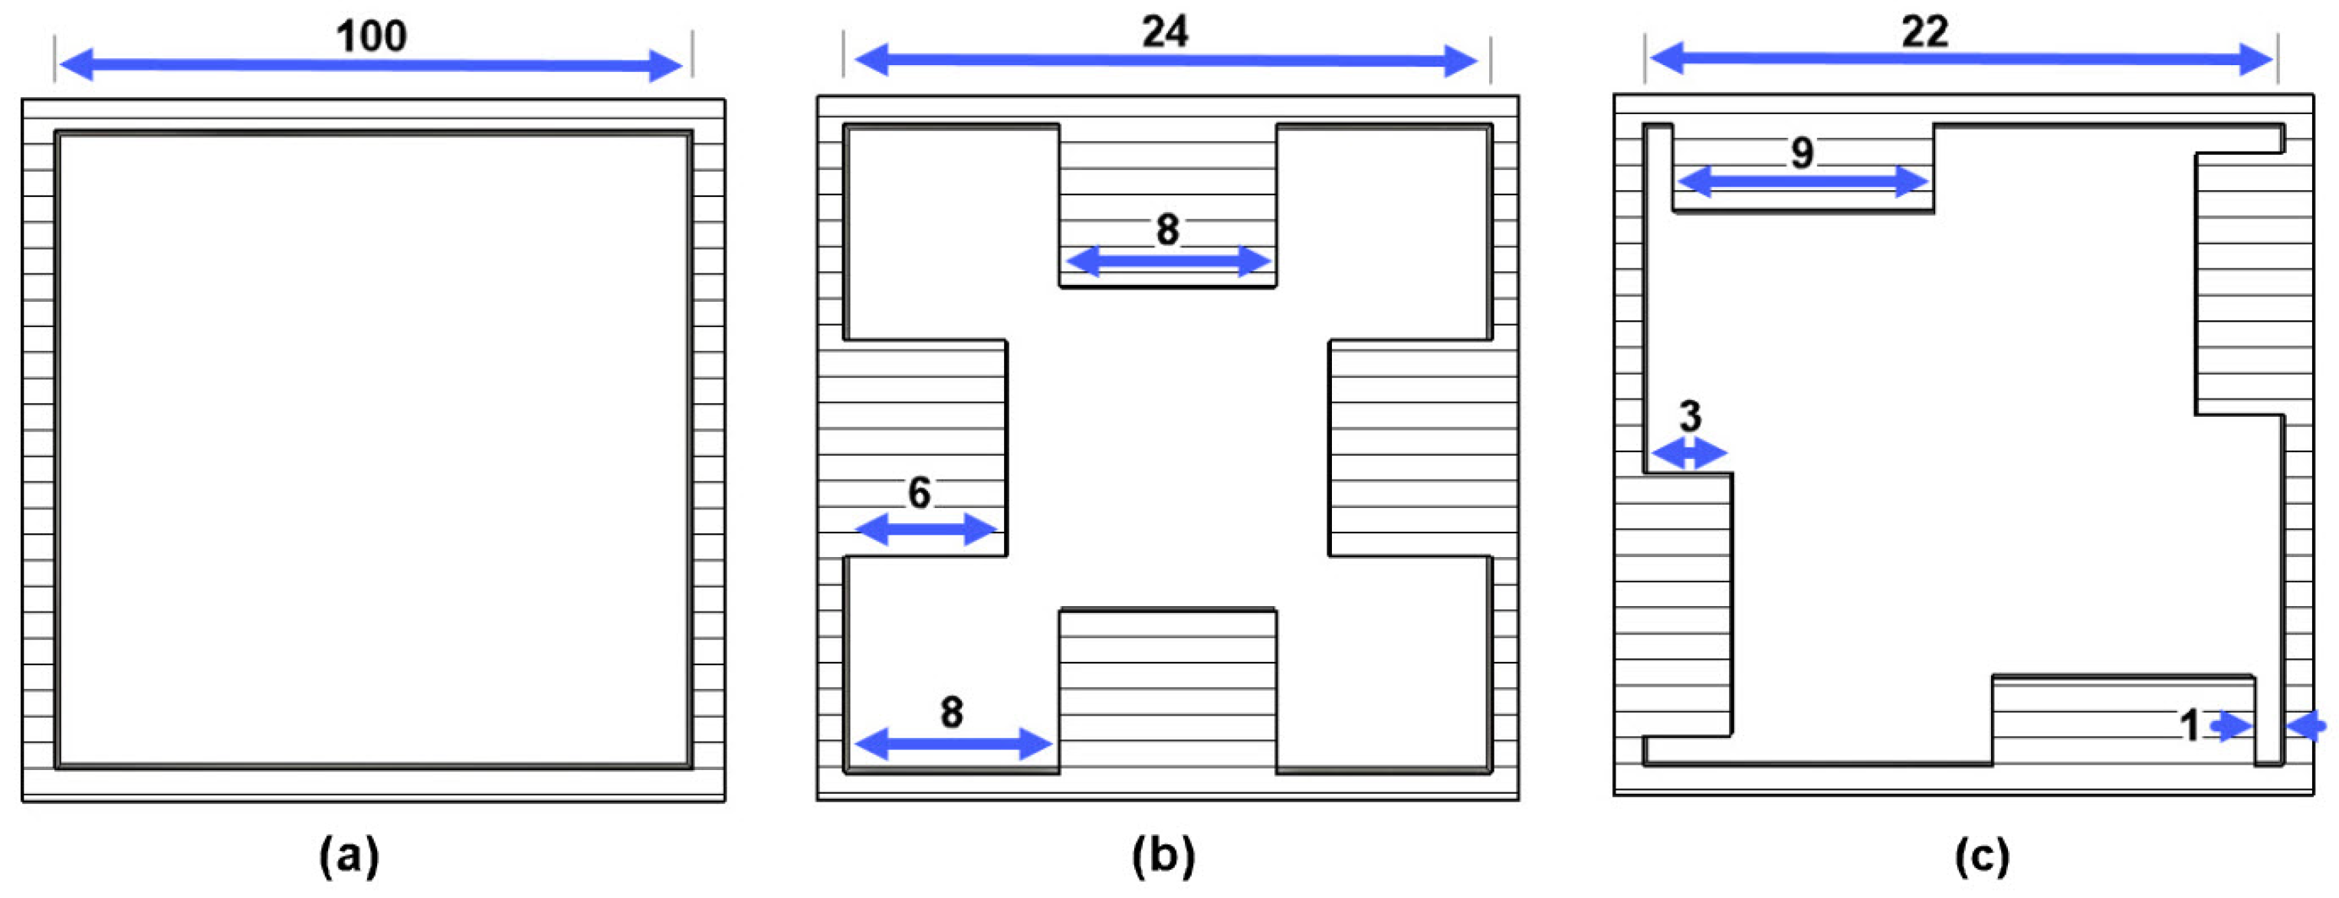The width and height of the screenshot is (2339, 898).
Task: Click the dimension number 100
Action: pos(372,36)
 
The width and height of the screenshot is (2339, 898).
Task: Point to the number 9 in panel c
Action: pos(1803,152)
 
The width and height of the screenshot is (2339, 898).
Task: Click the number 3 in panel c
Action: pos(1689,417)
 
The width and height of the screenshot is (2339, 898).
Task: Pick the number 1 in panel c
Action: pos(2190,726)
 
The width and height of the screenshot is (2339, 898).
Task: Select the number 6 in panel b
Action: pos(919,493)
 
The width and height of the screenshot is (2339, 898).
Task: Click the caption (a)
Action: pos(349,855)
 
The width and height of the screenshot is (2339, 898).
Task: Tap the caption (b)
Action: pos(1163,855)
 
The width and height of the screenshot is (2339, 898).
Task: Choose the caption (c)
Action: pos(1981,855)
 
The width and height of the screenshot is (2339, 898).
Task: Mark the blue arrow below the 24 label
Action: pos(1166,61)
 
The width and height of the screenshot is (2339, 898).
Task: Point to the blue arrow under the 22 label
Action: pos(1961,60)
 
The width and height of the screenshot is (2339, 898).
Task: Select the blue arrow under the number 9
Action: pos(1803,182)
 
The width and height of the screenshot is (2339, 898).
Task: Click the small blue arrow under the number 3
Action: pos(1688,452)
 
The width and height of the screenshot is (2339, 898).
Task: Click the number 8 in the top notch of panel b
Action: pos(1168,230)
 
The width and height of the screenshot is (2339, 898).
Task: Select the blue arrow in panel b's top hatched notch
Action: pos(1168,261)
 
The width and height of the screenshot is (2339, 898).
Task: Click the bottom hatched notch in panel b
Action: pos(1168,690)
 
